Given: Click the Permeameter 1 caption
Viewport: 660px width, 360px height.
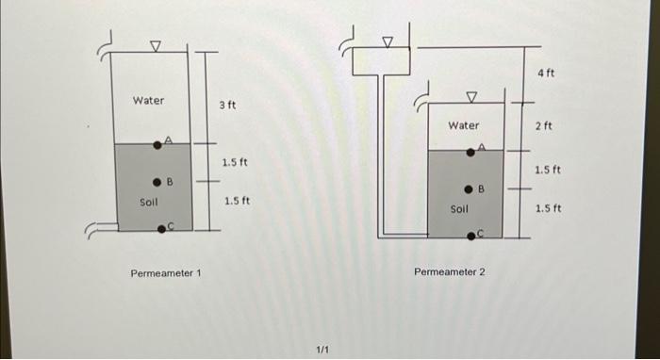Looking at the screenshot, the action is (x=166, y=273).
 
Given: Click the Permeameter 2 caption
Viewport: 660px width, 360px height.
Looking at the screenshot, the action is (x=450, y=272).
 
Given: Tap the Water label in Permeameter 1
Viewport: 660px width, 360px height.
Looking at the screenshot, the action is (x=148, y=100).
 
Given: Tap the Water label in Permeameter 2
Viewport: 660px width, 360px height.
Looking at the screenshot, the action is (x=463, y=124).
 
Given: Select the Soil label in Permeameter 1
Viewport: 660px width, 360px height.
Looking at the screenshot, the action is (x=149, y=202).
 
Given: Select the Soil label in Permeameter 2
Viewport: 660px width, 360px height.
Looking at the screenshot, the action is (x=459, y=209).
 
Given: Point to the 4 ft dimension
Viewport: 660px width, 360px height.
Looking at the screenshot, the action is (x=547, y=73).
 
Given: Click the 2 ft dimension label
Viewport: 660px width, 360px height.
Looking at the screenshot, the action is (x=543, y=125).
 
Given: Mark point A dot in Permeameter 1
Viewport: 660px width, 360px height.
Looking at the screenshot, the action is (x=158, y=145).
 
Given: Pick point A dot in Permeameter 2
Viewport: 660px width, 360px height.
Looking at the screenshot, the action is (x=472, y=151).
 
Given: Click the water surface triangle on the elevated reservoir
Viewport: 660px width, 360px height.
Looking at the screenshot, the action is (x=387, y=41).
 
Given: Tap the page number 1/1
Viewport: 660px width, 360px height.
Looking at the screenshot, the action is (x=322, y=350).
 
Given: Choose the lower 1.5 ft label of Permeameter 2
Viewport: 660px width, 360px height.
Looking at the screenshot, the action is (x=548, y=208).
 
